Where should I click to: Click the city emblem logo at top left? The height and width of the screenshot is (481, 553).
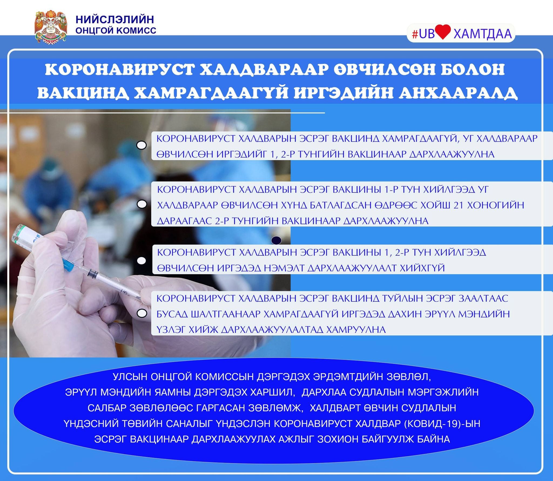(51, 28)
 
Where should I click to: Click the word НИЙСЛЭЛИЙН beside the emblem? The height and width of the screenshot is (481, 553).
(115, 19)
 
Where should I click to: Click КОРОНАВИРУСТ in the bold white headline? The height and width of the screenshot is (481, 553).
(120, 70)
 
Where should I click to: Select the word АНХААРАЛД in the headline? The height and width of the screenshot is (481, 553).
(458, 93)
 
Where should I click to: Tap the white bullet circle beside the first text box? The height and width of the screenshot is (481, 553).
(142, 145)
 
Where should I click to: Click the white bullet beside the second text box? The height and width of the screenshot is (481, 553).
(142, 204)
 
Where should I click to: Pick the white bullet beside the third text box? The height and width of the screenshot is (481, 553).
(142, 261)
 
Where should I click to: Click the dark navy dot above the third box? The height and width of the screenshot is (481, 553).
(276, 240)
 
